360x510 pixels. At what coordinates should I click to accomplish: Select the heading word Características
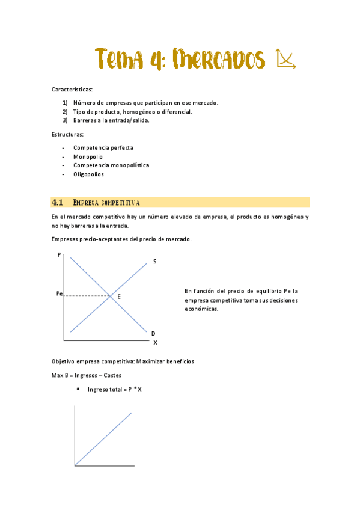pos(72,90)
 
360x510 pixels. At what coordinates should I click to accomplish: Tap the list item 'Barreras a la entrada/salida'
pos(111,120)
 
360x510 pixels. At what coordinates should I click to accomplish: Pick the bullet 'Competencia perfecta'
pos(103,147)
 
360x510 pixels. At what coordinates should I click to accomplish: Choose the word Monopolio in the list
pos(88,156)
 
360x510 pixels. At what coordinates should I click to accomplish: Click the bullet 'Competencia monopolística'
pos(111,165)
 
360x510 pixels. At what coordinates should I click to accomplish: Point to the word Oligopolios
pos(88,174)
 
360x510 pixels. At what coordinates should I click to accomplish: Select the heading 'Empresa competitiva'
pos(106,202)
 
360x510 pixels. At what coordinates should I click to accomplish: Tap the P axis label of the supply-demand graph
pos(59,255)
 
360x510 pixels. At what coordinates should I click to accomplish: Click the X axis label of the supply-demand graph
pos(155,342)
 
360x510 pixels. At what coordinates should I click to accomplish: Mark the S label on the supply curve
pos(154,262)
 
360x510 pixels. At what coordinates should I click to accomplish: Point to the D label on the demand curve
pos(153,333)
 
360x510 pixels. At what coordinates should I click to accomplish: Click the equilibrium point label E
pos(119,296)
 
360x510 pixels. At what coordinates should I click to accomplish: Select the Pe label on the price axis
pos(58,294)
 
